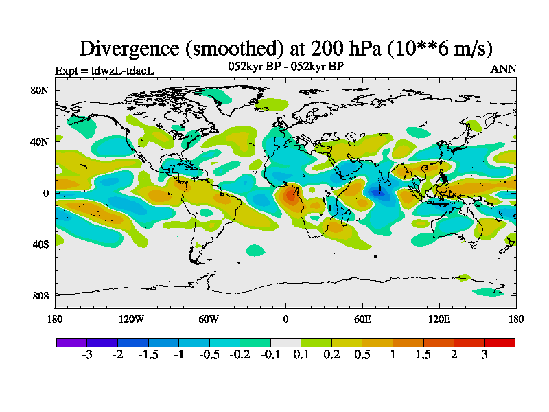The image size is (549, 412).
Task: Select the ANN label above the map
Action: coord(504,69)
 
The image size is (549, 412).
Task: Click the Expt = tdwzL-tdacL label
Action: coord(104,70)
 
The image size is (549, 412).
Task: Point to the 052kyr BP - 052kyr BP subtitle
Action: coord(285,67)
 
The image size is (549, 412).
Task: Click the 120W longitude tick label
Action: coord(132,319)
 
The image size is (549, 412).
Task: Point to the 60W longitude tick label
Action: coord(209,319)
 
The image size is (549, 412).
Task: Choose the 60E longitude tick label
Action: coord(362,319)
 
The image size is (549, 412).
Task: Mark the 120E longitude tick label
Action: coord(439,319)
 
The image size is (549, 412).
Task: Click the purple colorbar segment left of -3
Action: coord(71,342)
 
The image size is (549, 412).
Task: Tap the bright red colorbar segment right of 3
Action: coord(500,342)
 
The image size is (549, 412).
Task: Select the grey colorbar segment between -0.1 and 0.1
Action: coord(285,342)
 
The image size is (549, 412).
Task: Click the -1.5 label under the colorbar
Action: coord(148,355)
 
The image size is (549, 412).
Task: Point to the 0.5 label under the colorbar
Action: coord(362,355)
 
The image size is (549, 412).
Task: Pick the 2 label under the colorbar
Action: coord(454,355)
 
